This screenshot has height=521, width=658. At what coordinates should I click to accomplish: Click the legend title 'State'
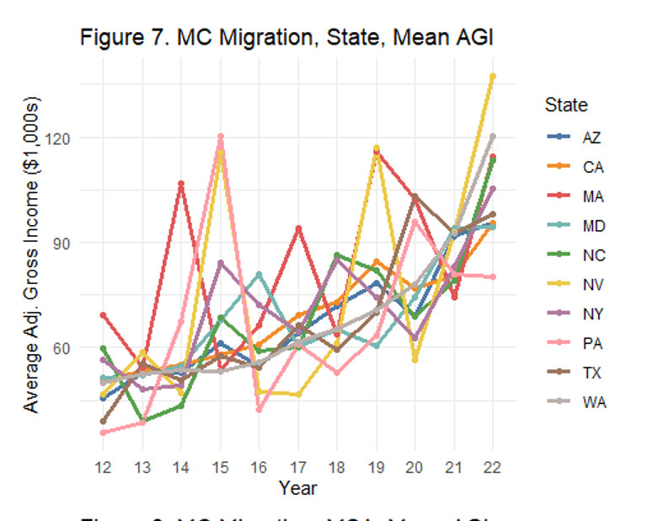pyautogui.click(x=565, y=105)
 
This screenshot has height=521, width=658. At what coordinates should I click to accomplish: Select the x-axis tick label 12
pyautogui.click(x=104, y=467)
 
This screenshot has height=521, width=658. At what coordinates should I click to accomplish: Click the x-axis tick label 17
pyautogui.click(x=298, y=467)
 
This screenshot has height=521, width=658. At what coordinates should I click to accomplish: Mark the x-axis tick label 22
pyautogui.click(x=493, y=467)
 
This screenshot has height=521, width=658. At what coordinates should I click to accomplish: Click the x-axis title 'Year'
pyautogui.click(x=298, y=487)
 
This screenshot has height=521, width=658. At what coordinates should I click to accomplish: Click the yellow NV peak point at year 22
pyautogui.click(x=493, y=76)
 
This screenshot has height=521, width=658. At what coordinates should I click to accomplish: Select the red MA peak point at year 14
pyautogui.click(x=181, y=183)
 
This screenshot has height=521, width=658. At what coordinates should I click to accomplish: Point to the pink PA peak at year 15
pyautogui.click(x=221, y=136)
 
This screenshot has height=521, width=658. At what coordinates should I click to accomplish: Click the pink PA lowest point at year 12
pyautogui.click(x=104, y=432)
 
